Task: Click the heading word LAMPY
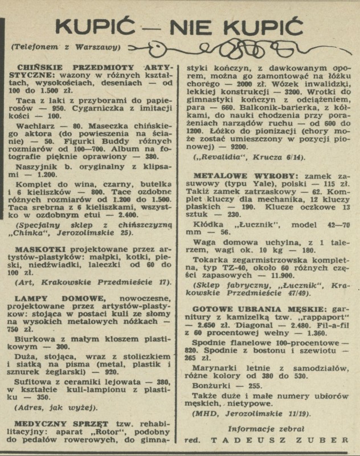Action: coord(30,298)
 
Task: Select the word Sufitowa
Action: coord(36,382)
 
